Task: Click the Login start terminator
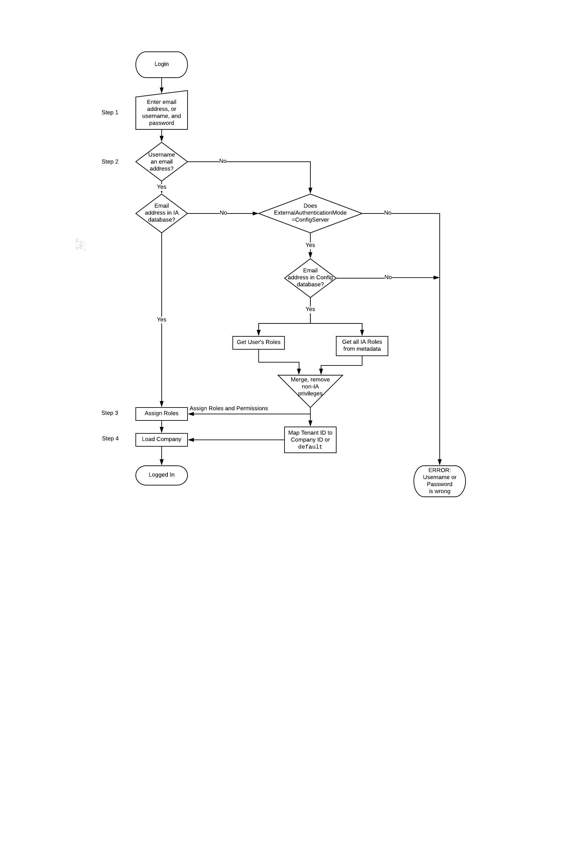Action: click(161, 64)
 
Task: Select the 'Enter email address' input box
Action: click(161, 112)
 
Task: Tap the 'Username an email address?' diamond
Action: click(161, 161)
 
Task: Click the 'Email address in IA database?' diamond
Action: click(161, 213)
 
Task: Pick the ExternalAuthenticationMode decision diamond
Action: click(310, 213)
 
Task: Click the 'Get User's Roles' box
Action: click(258, 342)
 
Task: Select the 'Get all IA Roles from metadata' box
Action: click(362, 345)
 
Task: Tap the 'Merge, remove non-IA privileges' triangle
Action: click(310, 387)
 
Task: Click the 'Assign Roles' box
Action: click(161, 413)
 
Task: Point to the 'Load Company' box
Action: click(161, 439)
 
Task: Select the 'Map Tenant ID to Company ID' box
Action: click(310, 440)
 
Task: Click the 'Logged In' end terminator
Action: click(161, 475)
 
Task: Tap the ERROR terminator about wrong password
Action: click(439, 481)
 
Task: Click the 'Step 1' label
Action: click(110, 113)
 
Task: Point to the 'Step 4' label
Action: click(110, 438)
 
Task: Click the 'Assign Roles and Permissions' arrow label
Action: click(229, 408)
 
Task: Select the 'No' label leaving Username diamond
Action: click(223, 161)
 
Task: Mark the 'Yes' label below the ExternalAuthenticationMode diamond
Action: click(310, 245)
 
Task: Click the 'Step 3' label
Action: click(110, 413)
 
